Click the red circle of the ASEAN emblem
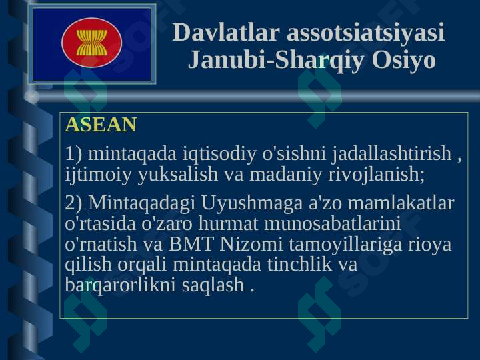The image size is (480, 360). pos(92,43)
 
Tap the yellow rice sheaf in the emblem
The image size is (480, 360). pos(92,43)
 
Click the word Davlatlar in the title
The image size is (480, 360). pos(226,32)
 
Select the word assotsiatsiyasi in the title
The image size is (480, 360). pos(365,32)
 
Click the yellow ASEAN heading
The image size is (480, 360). pos(101,124)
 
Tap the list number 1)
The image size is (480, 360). pos(73,153)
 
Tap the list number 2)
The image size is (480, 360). pos(73,203)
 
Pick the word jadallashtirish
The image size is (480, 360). pos(392,153)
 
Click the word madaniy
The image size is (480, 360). pos(286,174)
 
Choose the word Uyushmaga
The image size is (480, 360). pos(252,203)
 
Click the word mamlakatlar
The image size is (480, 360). pos(401,203)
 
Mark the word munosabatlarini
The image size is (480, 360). pos(333,223)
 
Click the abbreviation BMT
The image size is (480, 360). pos(191,244)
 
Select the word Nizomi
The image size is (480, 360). pos(251,244)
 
